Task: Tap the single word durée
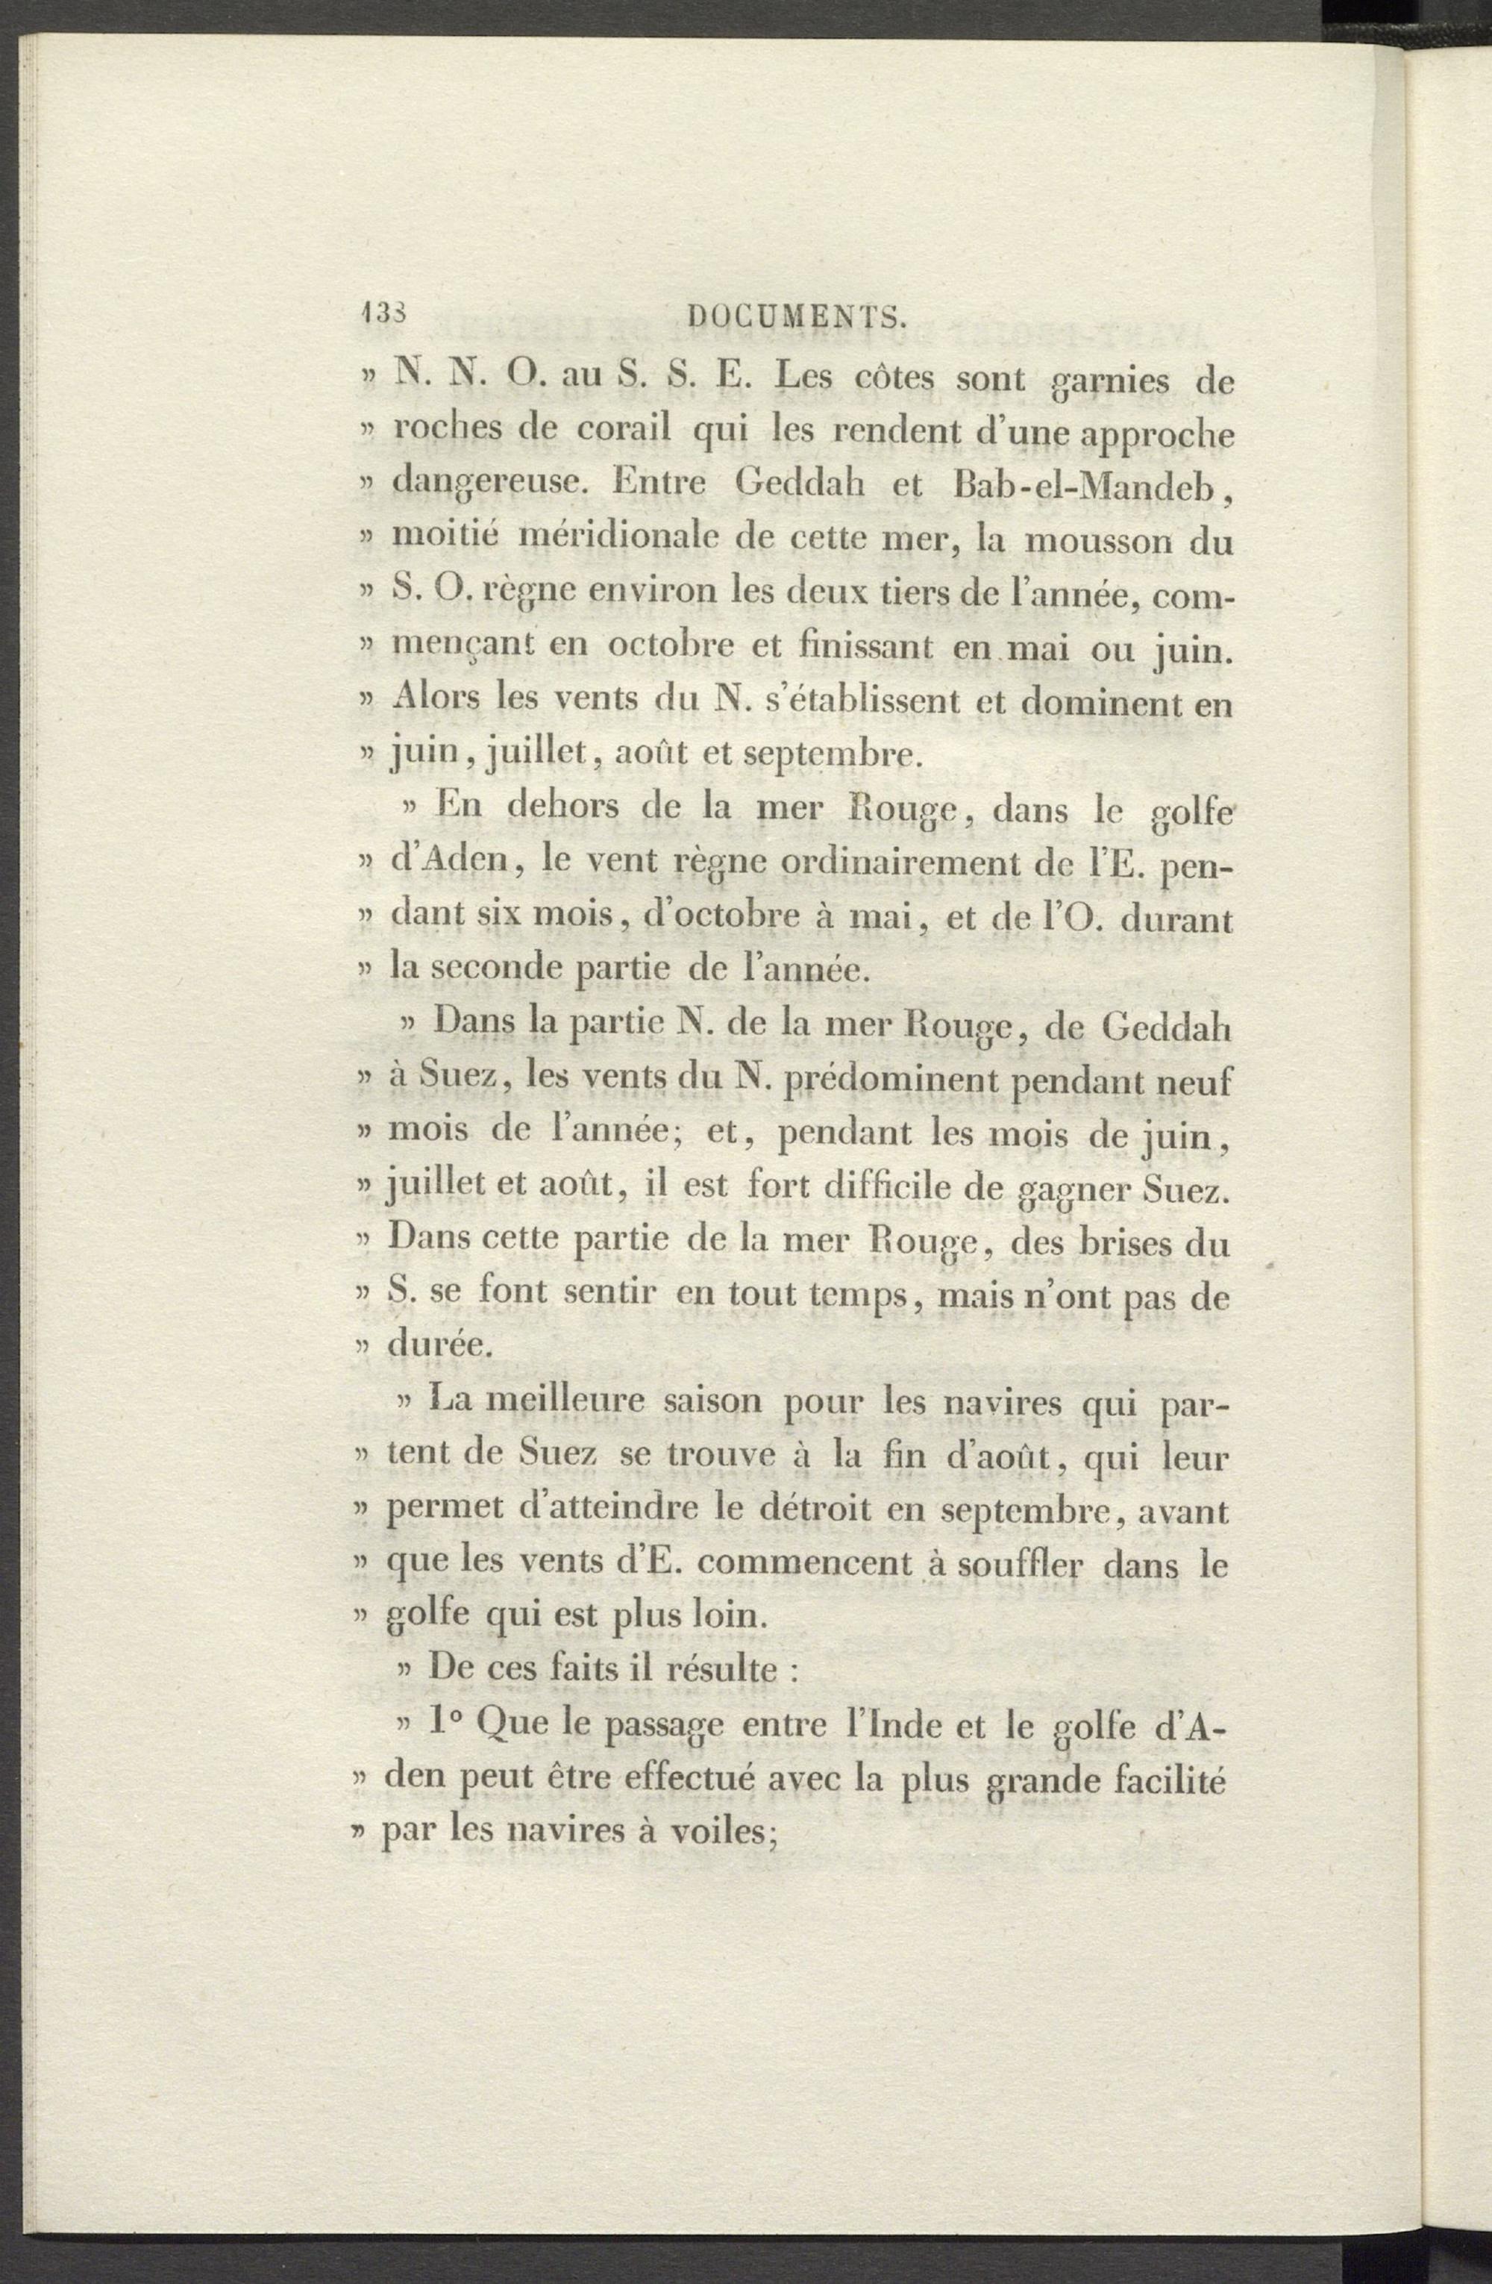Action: (439, 1348)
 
